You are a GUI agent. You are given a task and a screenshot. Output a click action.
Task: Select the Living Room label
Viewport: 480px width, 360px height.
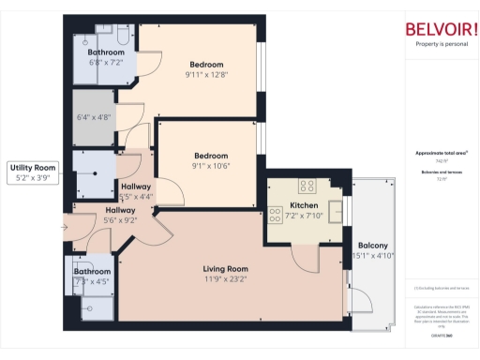225,269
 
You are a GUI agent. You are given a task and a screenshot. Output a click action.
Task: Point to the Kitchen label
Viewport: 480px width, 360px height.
305,204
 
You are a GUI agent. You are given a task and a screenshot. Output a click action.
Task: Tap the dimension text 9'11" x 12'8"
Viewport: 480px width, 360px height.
208,75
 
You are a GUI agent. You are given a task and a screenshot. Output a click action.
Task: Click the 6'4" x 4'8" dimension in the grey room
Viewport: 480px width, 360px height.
94,118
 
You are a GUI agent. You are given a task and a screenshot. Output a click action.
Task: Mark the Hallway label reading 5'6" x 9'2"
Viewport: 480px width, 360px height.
120,216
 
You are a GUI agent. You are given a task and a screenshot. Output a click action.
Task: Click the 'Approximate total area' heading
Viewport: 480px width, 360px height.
441,153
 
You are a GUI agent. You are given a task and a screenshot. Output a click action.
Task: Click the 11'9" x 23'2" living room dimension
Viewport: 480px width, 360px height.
225,278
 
